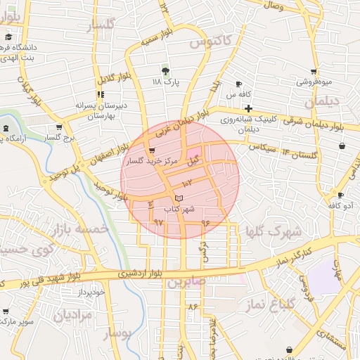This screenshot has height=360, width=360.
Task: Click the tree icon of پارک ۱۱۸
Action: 166,70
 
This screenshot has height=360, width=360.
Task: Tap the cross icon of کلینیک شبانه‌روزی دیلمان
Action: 248,108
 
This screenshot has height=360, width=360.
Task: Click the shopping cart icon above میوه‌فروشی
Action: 314,71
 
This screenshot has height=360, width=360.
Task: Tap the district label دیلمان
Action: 338,101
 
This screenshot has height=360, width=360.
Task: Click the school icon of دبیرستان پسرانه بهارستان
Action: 101,94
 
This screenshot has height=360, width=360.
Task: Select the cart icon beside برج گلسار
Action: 58,127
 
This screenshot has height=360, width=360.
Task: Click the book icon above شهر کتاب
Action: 178,199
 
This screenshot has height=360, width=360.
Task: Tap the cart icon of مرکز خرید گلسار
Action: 151,150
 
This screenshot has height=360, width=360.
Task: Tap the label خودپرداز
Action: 91,291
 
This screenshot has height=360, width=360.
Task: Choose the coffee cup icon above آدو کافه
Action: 340,195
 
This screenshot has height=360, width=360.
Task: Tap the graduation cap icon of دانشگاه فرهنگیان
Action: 8,37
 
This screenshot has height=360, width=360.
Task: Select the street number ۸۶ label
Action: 193,307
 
